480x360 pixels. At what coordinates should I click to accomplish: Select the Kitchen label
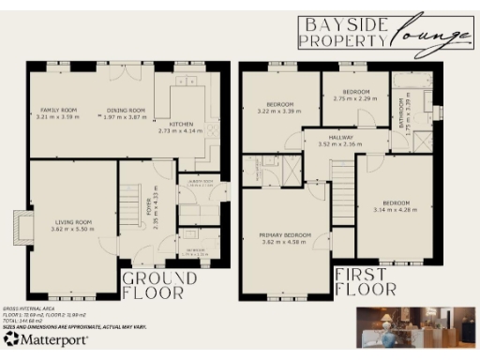(181, 125)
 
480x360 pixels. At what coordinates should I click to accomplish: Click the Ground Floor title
(160, 285)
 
